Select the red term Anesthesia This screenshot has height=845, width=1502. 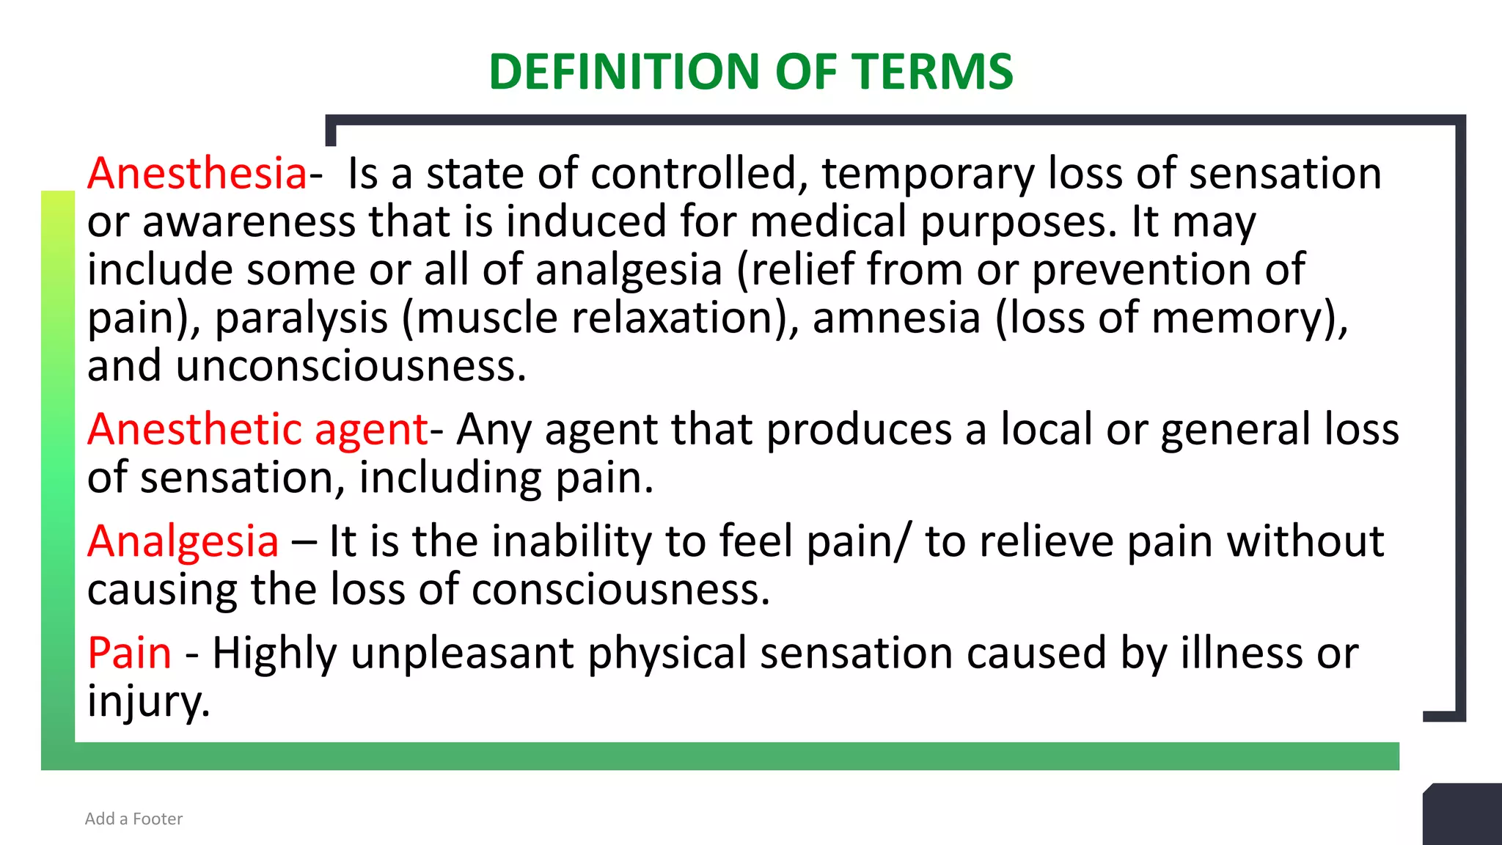tap(197, 174)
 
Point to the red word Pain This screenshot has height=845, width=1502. tap(129, 653)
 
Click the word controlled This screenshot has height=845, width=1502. tap(694, 174)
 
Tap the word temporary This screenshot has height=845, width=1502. tap(928, 174)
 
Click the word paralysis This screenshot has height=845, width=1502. tap(301, 318)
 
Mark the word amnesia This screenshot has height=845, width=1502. tap(896, 318)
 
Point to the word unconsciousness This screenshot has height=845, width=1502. tap(350, 366)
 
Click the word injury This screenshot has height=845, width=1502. tap(148, 701)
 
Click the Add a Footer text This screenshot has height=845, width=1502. tap(133, 819)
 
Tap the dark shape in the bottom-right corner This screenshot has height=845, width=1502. tap(1463, 816)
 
